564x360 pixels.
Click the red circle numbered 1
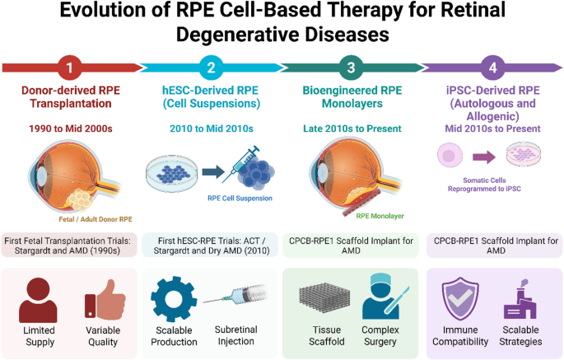pyautogui.click(x=69, y=68)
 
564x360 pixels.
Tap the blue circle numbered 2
pyautogui.click(x=211, y=68)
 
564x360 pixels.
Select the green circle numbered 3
pyautogui.click(x=351, y=68)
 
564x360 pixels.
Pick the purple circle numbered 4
pyautogui.click(x=493, y=68)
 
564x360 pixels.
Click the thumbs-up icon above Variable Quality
pyautogui.click(x=105, y=300)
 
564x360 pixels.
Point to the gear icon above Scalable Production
pyautogui.click(x=174, y=299)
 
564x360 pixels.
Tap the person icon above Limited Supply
pyautogui.click(x=38, y=301)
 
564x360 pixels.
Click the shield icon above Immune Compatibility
pyautogui.click(x=460, y=299)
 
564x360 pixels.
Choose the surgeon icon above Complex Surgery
pyautogui.click(x=383, y=297)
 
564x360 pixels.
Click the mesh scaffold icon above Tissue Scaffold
pyautogui.click(x=324, y=298)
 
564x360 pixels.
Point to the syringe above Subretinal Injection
pyautogui.click(x=235, y=295)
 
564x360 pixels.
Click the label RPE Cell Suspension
pyautogui.click(x=240, y=199)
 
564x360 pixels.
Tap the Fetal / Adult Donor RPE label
pyautogui.click(x=96, y=219)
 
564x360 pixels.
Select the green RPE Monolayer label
pyautogui.click(x=380, y=216)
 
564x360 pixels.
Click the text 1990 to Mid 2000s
pyautogui.click(x=71, y=129)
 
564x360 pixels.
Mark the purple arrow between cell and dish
pyautogui.click(x=484, y=157)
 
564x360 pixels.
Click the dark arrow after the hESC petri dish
pyautogui.click(x=213, y=172)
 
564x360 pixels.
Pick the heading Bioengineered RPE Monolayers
pyautogui.click(x=352, y=97)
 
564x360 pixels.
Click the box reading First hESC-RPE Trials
pyautogui.click(x=211, y=245)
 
